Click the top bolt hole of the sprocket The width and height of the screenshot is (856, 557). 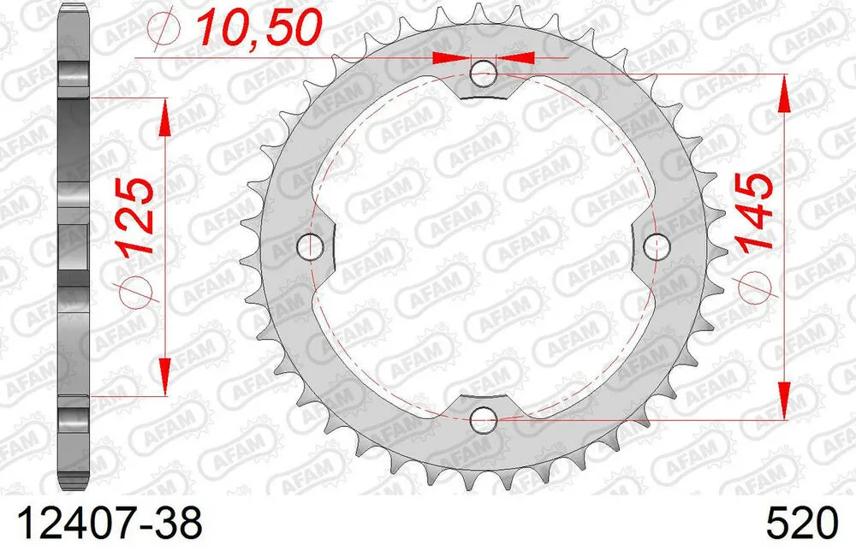pyautogui.click(x=484, y=74)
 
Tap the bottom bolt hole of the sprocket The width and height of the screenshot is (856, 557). pyautogui.click(x=484, y=419)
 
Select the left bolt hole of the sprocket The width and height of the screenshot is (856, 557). pyautogui.click(x=310, y=246)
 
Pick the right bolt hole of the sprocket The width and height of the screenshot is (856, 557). pyautogui.click(x=657, y=246)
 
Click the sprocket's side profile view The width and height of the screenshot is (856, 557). pyautogui.click(x=74, y=248)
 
